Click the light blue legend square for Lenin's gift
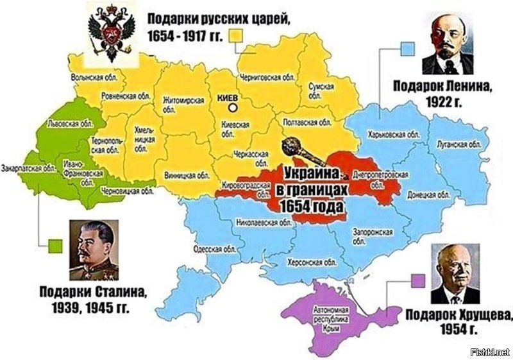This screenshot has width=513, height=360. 406,47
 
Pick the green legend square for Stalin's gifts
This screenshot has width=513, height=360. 56,245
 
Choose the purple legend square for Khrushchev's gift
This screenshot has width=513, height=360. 418,280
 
